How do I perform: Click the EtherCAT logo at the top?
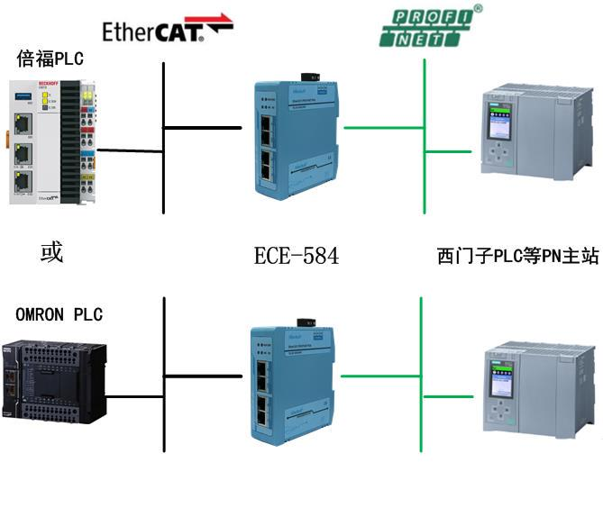click(x=167, y=30)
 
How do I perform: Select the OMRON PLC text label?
click(x=59, y=314)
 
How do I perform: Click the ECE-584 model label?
click(x=297, y=256)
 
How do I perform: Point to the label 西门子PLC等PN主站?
click(x=517, y=257)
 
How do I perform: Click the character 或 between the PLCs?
click(x=51, y=252)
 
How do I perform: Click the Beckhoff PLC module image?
click(x=52, y=141)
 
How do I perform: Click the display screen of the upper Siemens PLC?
click(x=498, y=116)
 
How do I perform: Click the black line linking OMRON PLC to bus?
click(x=133, y=394)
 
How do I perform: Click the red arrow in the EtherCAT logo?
click(x=215, y=22)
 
